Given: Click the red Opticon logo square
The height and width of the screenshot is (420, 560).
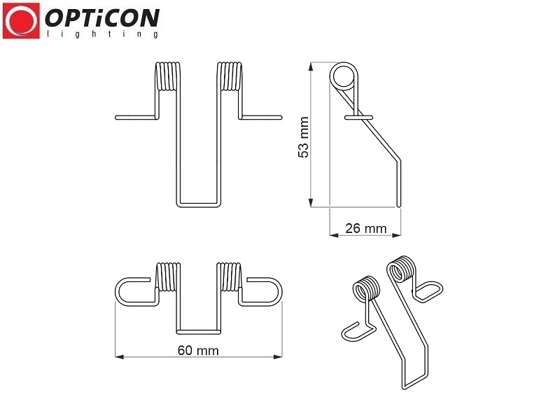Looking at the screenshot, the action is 21,21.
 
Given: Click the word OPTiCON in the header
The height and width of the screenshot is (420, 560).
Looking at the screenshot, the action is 102,18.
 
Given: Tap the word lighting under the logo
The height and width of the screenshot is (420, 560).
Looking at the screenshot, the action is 102,34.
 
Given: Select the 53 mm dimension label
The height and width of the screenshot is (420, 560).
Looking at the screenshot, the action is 303,136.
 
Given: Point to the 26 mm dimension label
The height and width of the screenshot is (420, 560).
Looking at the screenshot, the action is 365,228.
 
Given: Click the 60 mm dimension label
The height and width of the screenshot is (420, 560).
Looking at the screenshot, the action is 198,351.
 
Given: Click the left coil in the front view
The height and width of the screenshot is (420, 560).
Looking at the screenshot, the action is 168,76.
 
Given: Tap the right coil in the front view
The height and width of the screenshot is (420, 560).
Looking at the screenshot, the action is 230,76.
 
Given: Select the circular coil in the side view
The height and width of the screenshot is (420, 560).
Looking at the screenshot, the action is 343,76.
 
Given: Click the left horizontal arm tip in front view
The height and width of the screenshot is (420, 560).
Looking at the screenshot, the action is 116,118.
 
